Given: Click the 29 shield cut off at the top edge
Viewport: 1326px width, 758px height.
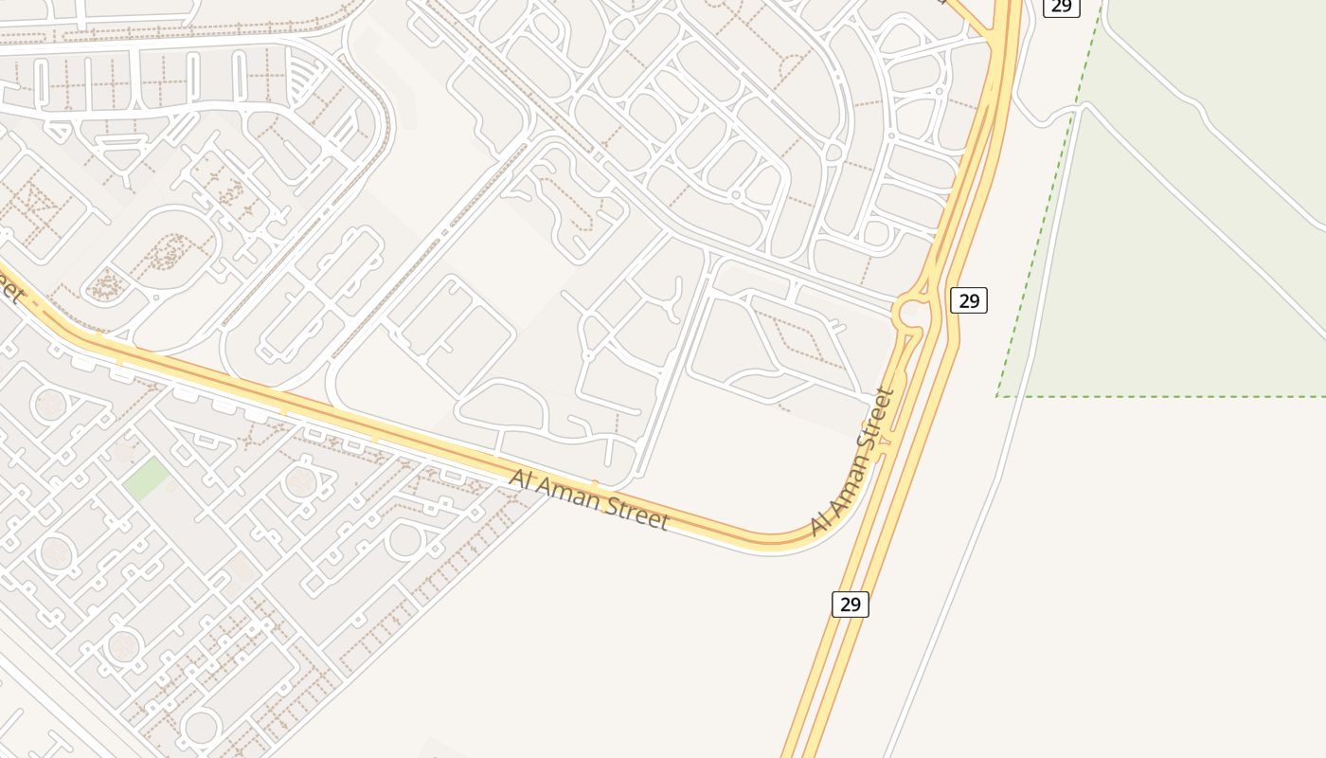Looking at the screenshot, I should [x=1061, y=6].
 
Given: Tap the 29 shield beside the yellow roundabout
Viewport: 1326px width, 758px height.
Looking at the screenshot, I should [x=969, y=300].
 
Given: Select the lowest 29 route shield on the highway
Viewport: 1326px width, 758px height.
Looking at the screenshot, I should [x=850, y=604].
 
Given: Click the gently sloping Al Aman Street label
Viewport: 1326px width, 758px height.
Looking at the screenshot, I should [x=589, y=498].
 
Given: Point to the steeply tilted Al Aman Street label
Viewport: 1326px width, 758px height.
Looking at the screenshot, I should [x=853, y=461].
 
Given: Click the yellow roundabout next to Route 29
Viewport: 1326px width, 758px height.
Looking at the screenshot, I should [x=915, y=312].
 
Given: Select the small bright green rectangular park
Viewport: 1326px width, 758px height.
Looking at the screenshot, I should [x=146, y=478].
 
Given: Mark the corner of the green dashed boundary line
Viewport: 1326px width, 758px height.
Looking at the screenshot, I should [x=997, y=396].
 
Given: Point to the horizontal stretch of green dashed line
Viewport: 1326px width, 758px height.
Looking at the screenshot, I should [x=1165, y=396].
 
